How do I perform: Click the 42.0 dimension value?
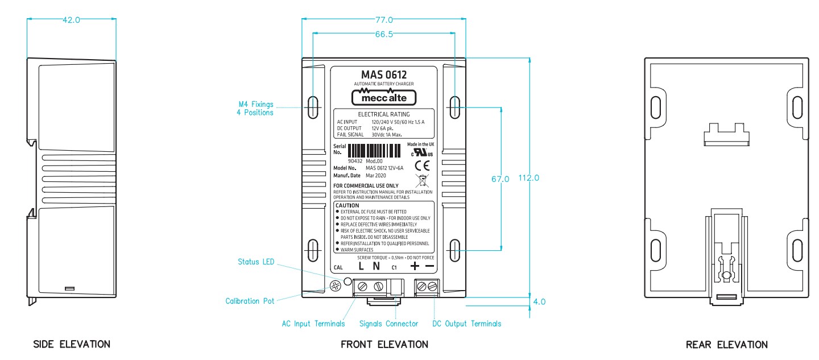[72, 19]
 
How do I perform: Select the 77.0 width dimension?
[383, 19]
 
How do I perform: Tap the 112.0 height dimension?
[528, 178]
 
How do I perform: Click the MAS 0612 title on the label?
[384, 75]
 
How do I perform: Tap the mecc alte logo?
[384, 97]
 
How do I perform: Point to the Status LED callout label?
[256, 262]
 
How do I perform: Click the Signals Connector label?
[388, 324]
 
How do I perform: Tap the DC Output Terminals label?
[467, 324]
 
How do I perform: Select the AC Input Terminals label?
[313, 324]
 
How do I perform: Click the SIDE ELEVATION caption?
[72, 344]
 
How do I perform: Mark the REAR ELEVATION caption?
[726, 344]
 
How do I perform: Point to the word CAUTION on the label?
[347, 205]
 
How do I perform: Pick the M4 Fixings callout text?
[255, 108]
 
